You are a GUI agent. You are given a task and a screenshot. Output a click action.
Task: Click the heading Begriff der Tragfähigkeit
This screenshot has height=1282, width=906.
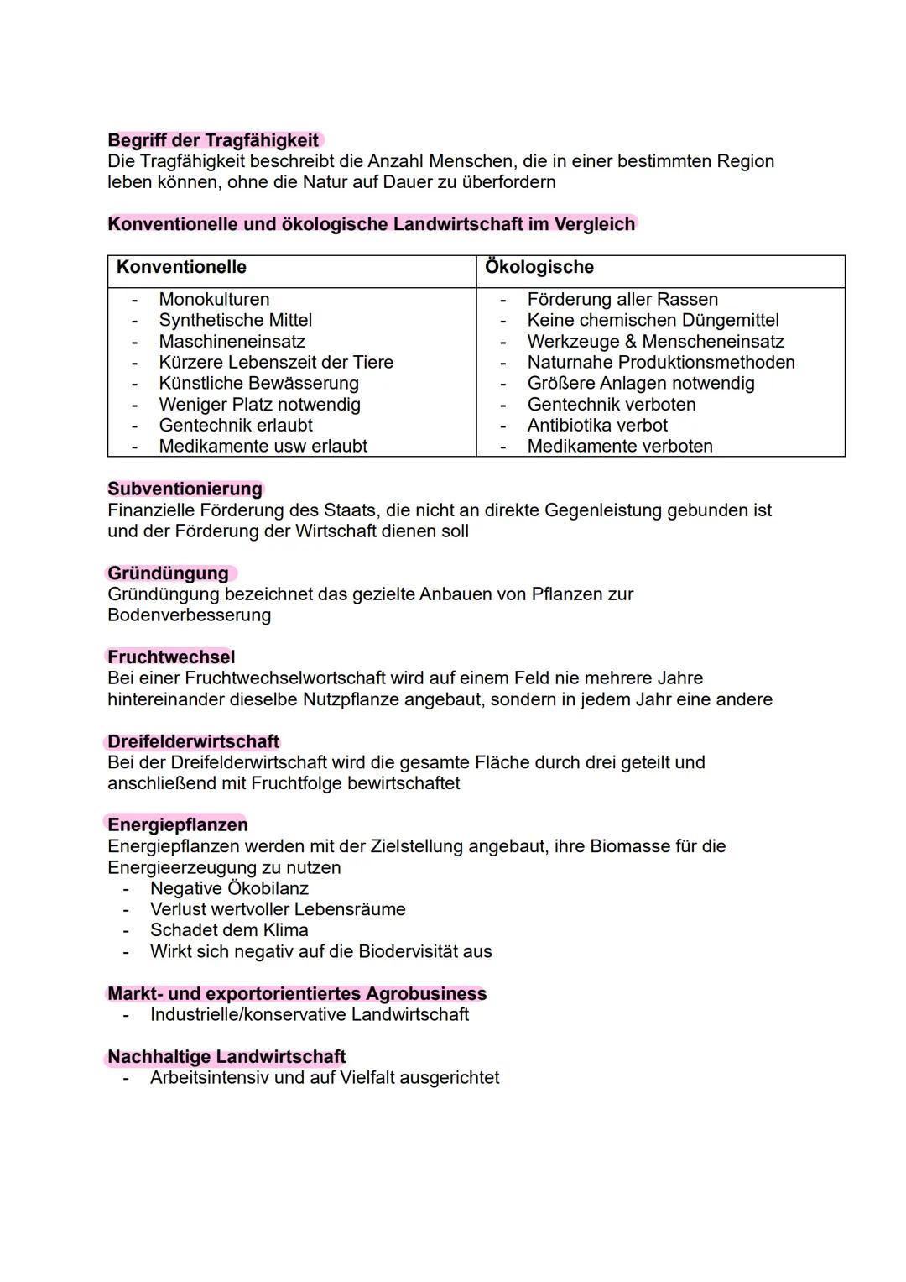[x=213, y=140]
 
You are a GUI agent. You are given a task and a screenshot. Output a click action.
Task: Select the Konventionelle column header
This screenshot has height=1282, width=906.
[x=181, y=267]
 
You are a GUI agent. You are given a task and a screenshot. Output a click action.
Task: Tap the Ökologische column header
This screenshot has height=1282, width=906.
[x=539, y=267]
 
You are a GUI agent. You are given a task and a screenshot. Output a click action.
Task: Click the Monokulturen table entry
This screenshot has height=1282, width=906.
[x=214, y=300]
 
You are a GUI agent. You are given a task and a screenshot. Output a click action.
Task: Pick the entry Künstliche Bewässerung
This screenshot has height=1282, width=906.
[x=258, y=384]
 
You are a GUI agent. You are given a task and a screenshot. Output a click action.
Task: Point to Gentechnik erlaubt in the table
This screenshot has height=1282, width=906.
[x=236, y=426]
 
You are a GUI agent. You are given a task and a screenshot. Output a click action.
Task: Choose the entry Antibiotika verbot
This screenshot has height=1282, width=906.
[x=597, y=426]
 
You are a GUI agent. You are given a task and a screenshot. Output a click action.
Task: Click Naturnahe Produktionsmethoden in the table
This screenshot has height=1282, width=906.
[x=660, y=363]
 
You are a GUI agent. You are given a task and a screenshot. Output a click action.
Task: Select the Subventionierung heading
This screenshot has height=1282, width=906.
[x=185, y=489]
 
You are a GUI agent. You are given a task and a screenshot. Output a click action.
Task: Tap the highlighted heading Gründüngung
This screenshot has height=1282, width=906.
[x=168, y=573]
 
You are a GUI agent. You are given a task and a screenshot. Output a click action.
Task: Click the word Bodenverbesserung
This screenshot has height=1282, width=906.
[x=189, y=615]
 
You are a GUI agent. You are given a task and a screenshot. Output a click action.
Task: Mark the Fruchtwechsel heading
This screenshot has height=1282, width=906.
[x=171, y=657]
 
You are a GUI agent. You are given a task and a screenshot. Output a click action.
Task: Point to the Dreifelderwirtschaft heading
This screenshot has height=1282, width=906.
[x=193, y=742]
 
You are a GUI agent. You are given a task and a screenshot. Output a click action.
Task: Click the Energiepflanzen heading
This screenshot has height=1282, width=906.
[x=177, y=825]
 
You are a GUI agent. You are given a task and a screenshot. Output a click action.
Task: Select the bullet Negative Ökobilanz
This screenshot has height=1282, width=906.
[x=229, y=888]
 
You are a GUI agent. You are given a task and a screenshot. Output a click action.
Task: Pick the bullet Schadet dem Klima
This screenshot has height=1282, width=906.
[x=229, y=930]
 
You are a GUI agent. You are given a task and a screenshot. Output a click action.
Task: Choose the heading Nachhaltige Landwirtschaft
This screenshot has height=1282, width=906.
[x=226, y=1057]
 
